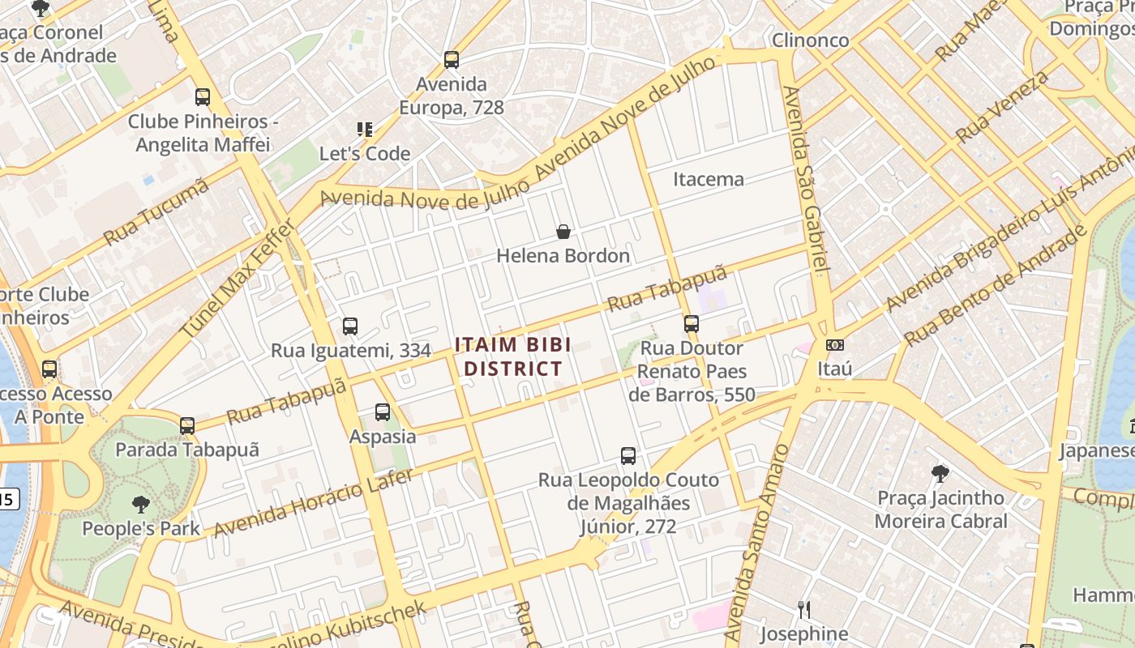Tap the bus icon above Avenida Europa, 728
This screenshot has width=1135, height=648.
[x=452, y=60]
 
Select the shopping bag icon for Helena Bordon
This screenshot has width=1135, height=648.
[x=563, y=232]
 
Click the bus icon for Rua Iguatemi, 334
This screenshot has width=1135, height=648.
[x=350, y=326]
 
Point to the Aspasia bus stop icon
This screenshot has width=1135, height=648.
[x=383, y=412]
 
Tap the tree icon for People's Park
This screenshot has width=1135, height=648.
[x=141, y=505]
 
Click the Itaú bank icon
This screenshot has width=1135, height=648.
[x=835, y=345]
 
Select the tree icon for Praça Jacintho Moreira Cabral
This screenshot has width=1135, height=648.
[x=940, y=473]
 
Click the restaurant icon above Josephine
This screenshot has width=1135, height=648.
[x=804, y=609]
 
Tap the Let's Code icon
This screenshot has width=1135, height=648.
[x=365, y=130]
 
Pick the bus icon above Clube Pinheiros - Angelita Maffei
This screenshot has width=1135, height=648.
[x=203, y=97]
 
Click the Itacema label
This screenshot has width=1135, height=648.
[x=709, y=179]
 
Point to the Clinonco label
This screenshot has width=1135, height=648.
[x=810, y=40]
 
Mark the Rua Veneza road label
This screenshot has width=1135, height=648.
[x=1002, y=107]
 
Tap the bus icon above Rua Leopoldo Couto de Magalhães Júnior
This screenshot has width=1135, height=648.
[x=628, y=456]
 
